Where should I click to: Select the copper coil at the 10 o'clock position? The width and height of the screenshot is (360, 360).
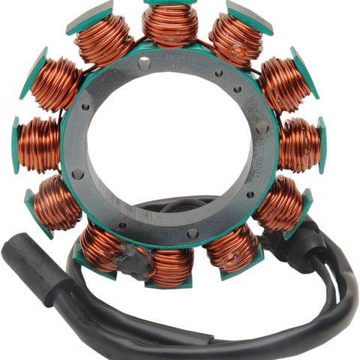(x=57, y=82)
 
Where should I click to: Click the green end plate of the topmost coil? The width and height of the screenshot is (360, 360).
(x=169, y=4)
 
